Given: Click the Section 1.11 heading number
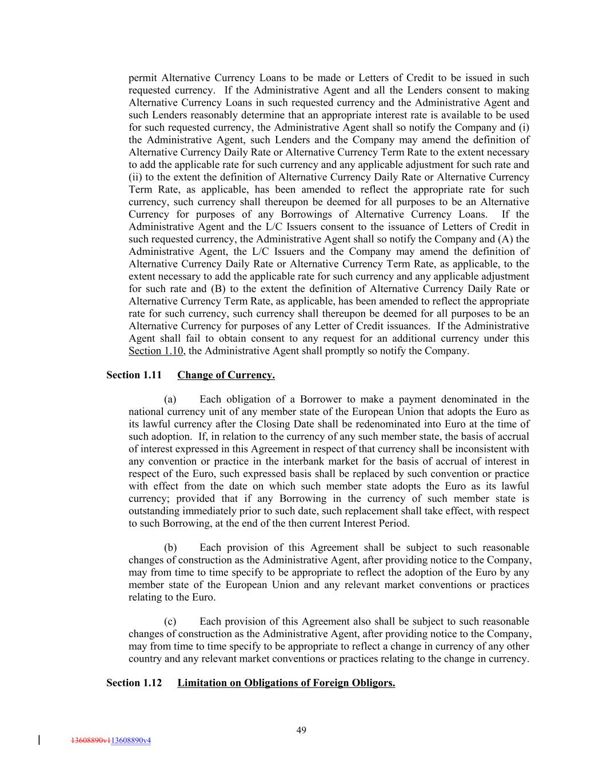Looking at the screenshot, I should [134, 375].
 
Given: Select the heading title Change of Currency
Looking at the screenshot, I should [226, 375].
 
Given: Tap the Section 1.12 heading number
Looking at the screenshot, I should [134, 683].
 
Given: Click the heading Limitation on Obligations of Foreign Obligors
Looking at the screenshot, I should [286, 683].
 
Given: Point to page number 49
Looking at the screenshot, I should [302, 730].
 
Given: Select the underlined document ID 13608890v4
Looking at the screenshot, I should [131, 741].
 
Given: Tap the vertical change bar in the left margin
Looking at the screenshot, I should [39, 741].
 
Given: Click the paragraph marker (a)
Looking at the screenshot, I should [170, 399].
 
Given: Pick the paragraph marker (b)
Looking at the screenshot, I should [170, 548].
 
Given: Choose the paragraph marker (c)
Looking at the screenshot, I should [170, 622].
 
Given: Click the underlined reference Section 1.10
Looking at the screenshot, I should [155, 351].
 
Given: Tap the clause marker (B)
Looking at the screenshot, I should [218, 289].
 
